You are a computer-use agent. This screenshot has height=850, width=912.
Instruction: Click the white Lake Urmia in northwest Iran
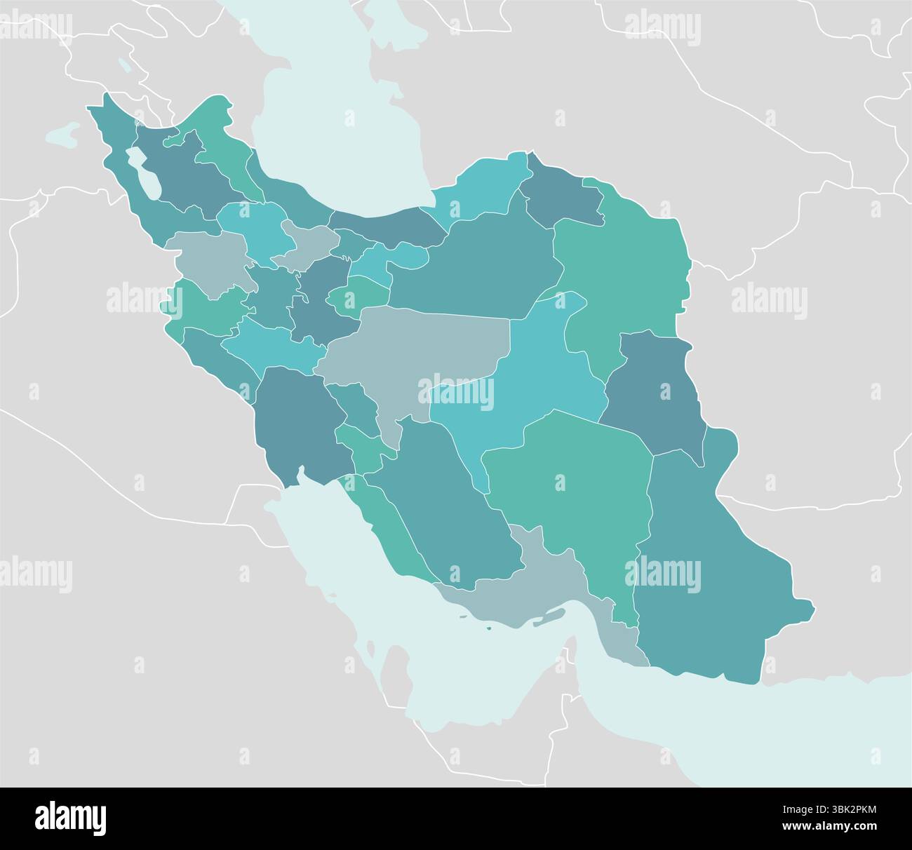click(146, 175)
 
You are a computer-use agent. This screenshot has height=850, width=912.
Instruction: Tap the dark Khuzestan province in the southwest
click(295, 421)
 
